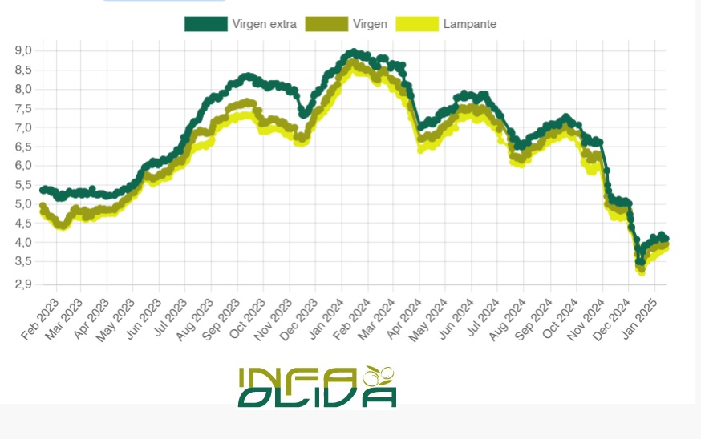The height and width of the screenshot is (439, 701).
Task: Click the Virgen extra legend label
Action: [264, 24]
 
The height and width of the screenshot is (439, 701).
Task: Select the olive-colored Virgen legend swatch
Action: [326, 24]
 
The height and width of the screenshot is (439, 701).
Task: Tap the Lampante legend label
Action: [469, 24]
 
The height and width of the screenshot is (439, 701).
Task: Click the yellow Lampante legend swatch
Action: [418, 24]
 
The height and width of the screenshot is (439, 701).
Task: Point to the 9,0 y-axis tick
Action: [23, 50]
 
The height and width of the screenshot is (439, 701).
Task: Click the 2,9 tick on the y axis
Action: [23, 284]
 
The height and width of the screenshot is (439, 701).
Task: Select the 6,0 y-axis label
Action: [23, 166]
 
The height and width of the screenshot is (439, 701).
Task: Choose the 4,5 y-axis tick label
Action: [23, 224]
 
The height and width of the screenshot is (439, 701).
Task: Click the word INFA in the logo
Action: [297, 377]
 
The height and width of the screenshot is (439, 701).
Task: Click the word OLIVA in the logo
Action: [317, 397]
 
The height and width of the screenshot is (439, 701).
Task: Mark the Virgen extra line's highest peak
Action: [352, 53]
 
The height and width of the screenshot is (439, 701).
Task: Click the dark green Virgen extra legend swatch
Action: [205, 24]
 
